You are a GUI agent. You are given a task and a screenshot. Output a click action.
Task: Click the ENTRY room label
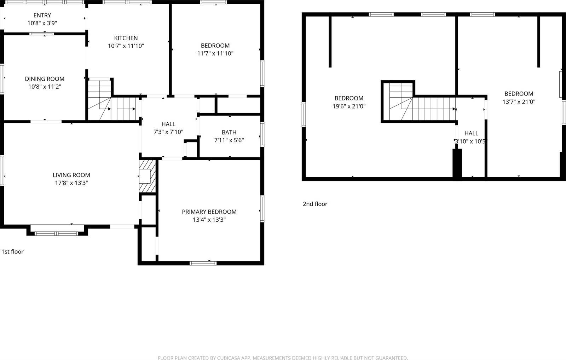(42, 15)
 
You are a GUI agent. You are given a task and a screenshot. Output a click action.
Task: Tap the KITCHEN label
(126, 38)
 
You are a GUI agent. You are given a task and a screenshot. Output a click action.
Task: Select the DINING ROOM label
(45, 79)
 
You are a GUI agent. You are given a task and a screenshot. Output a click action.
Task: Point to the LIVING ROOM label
(71, 175)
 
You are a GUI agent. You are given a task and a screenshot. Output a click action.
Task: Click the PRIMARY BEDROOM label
(209, 212)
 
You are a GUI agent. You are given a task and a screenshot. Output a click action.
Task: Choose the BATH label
(229, 132)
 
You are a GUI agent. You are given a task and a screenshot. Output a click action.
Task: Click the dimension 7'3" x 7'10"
(168, 132)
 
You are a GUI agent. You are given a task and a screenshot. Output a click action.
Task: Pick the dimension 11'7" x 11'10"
(215, 53)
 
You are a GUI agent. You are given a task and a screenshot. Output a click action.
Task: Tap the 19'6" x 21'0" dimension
(349, 106)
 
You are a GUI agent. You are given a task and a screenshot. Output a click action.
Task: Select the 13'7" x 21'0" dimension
(519, 101)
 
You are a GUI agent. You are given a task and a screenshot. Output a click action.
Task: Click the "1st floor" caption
(13, 252)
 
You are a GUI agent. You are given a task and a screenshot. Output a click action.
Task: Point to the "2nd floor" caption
(315, 204)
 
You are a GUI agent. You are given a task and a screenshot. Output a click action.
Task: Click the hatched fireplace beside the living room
(147, 176)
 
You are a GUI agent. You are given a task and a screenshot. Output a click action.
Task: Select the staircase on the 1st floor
(112, 103)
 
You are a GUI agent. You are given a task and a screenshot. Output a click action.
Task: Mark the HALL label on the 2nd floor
(471, 133)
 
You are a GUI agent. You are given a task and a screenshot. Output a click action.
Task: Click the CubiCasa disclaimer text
(283, 358)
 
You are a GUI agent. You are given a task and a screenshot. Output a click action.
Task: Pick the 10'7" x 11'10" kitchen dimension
(126, 46)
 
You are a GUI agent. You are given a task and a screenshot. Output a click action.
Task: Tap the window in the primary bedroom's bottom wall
(203, 263)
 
